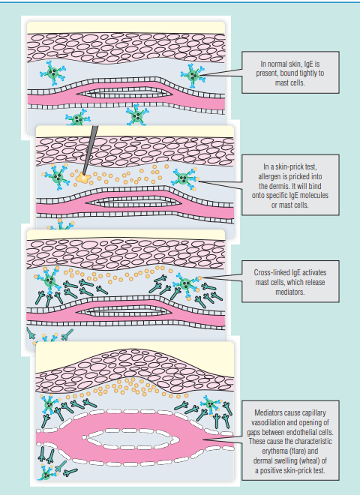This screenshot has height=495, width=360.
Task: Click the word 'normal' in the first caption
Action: pyautogui.click(x=278, y=64)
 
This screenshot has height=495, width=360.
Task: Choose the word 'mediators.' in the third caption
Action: pyautogui.click(x=290, y=292)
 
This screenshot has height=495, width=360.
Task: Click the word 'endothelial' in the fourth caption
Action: pyautogui.click(x=301, y=432)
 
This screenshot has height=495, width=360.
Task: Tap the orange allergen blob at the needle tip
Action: pyautogui.click(x=82, y=178)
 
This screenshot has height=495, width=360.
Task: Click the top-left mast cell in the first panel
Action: pyautogui.click(x=52, y=73)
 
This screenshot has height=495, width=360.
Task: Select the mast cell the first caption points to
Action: pyautogui.click(x=193, y=76)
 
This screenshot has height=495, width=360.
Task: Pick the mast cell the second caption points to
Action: pyautogui.click(x=184, y=179)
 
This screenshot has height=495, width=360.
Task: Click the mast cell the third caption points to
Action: pyautogui.click(x=186, y=284)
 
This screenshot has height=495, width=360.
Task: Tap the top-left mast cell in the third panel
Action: pyautogui.click(x=48, y=280)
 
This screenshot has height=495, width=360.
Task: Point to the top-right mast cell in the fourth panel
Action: pyautogui.click(x=209, y=404)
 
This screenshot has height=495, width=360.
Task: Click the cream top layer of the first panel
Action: pyautogui.click(x=126, y=28)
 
